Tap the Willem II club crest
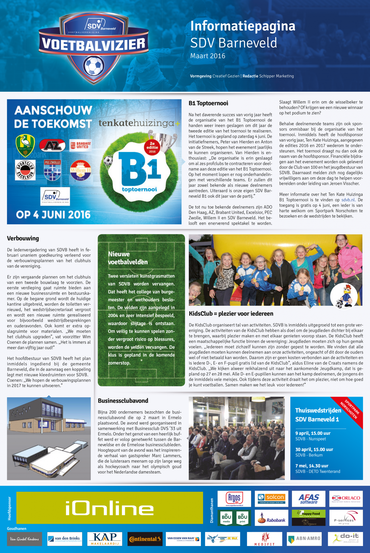click(x=81, y=170)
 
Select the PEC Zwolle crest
click(x=52, y=170)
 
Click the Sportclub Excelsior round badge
click(x=25, y=170)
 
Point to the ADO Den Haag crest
click(x=25, y=146)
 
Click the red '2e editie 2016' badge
click(x=152, y=147)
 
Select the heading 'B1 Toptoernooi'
click(x=208, y=103)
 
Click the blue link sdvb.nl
click(x=348, y=200)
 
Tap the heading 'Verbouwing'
click(x=23, y=238)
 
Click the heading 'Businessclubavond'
click(x=123, y=401)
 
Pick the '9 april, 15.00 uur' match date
click(x=313, y=433)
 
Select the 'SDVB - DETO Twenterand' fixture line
click(x=318, y=471)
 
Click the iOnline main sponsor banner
click(x=109, y=508)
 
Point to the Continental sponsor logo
click(x=145, y=539)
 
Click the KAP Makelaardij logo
click(x=105, y=539)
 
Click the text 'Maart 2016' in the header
click(x=208, y=56)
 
